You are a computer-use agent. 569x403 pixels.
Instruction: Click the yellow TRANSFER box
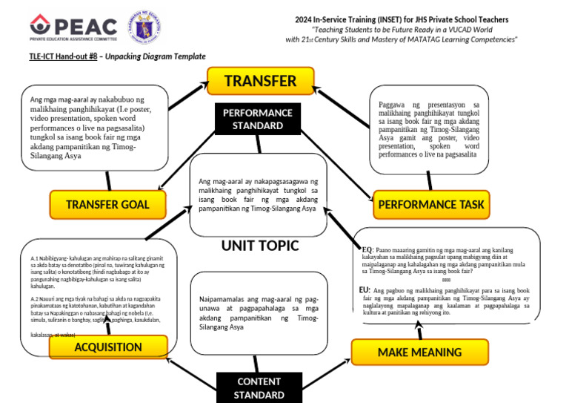click(260, 81)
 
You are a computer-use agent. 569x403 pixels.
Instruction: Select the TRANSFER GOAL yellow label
click(107, 204)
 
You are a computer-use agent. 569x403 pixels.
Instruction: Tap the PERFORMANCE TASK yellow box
click(430, 204)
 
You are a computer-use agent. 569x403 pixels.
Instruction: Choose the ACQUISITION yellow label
click(107, 347)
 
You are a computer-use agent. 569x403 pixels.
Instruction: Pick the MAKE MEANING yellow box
click(409, 353)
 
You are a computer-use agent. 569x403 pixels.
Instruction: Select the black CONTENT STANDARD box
click(259, 387)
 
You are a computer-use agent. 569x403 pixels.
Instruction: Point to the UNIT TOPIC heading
click(259, 246)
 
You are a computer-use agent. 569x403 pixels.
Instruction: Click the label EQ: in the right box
click(366, 250)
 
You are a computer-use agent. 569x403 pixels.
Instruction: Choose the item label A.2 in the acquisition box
click(35, 298)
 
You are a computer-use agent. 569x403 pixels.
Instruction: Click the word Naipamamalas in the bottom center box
click(224, 298)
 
